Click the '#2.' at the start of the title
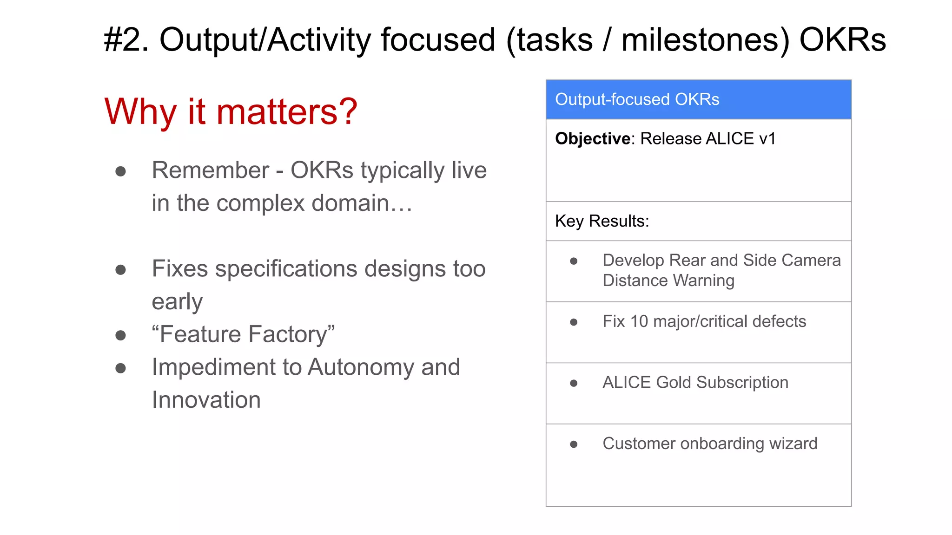tap(126, 40)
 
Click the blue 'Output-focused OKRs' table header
tap(698, 99)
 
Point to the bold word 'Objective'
tap(593, 139)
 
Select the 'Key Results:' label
tap(602, 221)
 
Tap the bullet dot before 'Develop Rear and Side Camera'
tap(574, 261)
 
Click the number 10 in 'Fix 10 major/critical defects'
tap(639, 321)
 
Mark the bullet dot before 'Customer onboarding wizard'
tap(574, 444)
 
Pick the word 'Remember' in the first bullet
tap(210, 170)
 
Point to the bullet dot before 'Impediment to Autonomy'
tap(120, 368)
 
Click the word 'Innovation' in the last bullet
tap(206, 400)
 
